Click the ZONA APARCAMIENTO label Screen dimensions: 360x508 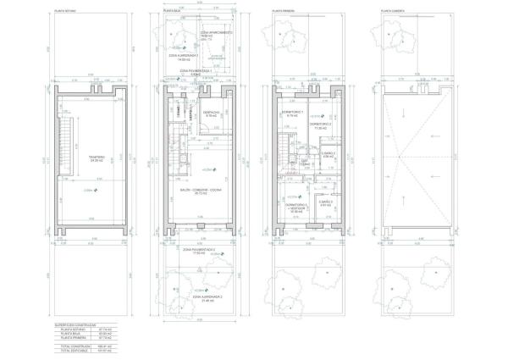(x=212, y=34)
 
